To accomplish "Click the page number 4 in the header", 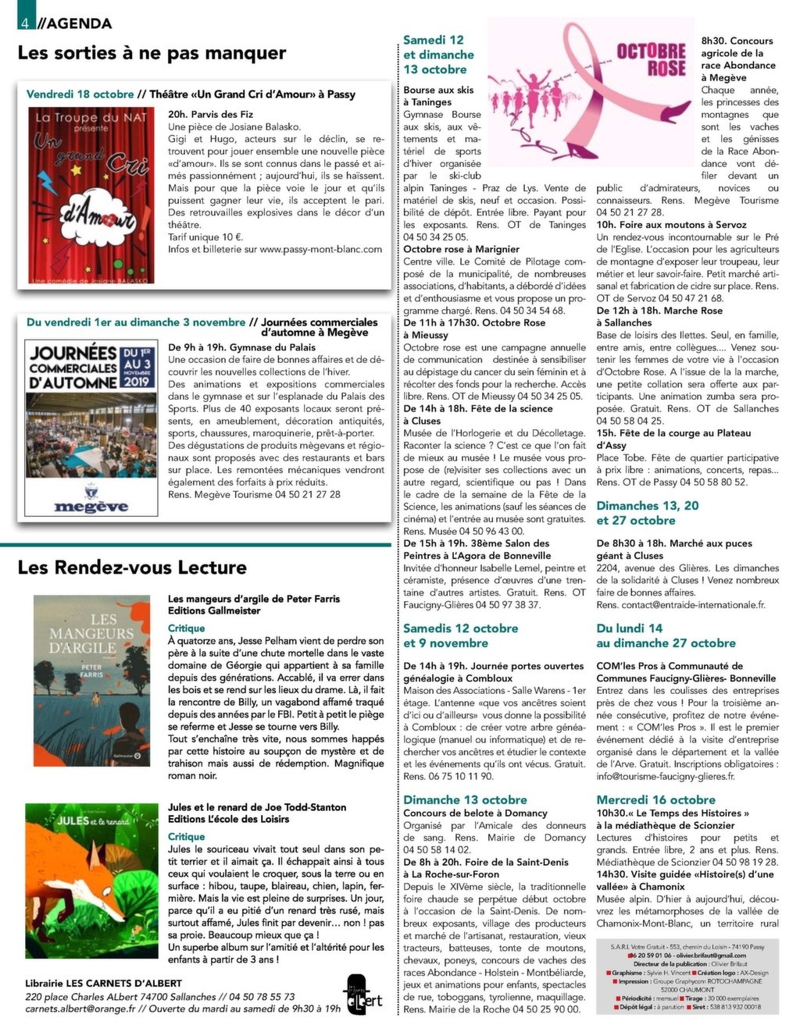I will pyautogui.click(x=25, y=23).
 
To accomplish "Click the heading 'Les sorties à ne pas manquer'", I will pyautogui.click(x=152, y=53).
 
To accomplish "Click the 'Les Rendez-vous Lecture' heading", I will pyautogui.click(x=132, y=568).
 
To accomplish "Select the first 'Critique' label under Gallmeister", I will pyautogui.click(x=187, y=628).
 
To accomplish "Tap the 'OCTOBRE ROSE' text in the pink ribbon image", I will pyautogui.click(x=651, y=59).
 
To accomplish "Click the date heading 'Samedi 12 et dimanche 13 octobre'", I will pyautogui.click(x=438, y=55).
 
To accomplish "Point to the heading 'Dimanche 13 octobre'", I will pyautogui.click(x=465, y=799).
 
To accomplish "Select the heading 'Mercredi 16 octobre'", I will pyautogui.click(x=655, y=799).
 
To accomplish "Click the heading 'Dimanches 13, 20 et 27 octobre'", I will pyautogui.click(x=647, y=513).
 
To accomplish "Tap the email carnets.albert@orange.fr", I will pyautogui.click(x=80, y=1009).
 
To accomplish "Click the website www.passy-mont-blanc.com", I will pyautogui.click(x=320, y=249).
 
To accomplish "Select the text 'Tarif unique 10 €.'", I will pyautogui.click(x=205, y=237).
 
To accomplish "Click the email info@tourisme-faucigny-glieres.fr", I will pyautogui.click(x=665, y=776).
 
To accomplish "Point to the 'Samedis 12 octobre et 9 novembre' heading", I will pyautogui.click(x=460, y=635).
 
